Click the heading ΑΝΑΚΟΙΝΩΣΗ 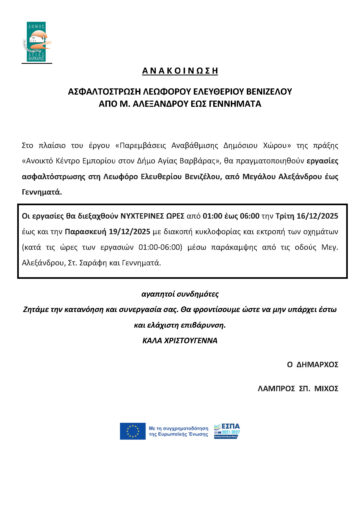[x=179, y=84]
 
